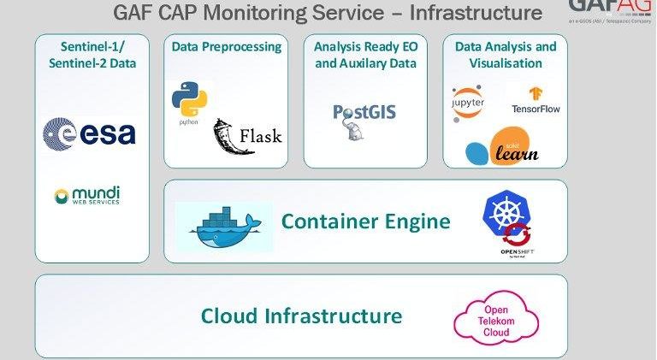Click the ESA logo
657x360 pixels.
pyautogui.click(x=89, y=133)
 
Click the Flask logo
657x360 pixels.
pyautogui.click(x=247, y=136)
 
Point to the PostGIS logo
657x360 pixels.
pyautogui.click(x=364, y=119)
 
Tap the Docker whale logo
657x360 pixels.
pyautogui.click(x=224, y=227)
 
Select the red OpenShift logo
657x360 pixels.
pyautogui.click(x=518, y=239)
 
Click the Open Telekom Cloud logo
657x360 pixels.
pyautogui.click(x=496, y=318)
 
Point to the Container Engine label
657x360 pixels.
pyautogui.click(x=365, y=222)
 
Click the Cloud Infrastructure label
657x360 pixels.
pyautogui.click(x=301, y=316)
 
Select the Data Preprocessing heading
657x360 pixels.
pyautogui.click(x=227, y=47)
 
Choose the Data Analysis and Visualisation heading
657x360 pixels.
pyautogui.click(x=505, y=55)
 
